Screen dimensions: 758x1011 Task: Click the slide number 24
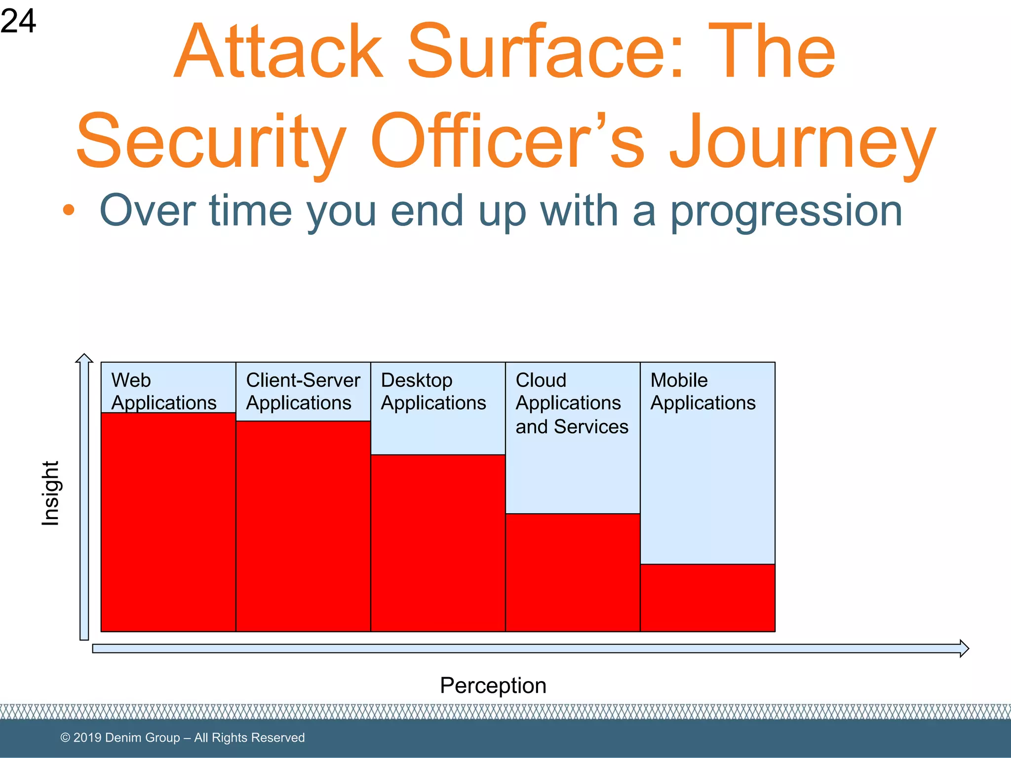18,21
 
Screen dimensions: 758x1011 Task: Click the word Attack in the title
279,52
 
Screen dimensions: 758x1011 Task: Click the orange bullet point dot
69,210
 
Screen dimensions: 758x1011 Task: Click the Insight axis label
50,493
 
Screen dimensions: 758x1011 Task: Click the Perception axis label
493,685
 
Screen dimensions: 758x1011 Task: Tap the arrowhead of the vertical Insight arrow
84,358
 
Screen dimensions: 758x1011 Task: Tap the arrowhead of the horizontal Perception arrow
964,648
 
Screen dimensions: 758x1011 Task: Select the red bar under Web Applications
168,522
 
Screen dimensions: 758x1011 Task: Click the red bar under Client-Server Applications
303,526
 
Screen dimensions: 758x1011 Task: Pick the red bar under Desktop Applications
437,543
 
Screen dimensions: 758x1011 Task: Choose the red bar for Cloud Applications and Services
573,572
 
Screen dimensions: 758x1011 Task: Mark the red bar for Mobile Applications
707,598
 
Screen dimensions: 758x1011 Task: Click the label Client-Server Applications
303,391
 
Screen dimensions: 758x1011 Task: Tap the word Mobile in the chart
679,380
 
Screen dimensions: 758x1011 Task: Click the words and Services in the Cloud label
572,427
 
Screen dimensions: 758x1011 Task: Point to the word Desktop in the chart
416,380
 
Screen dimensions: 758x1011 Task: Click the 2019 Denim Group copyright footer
182,737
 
